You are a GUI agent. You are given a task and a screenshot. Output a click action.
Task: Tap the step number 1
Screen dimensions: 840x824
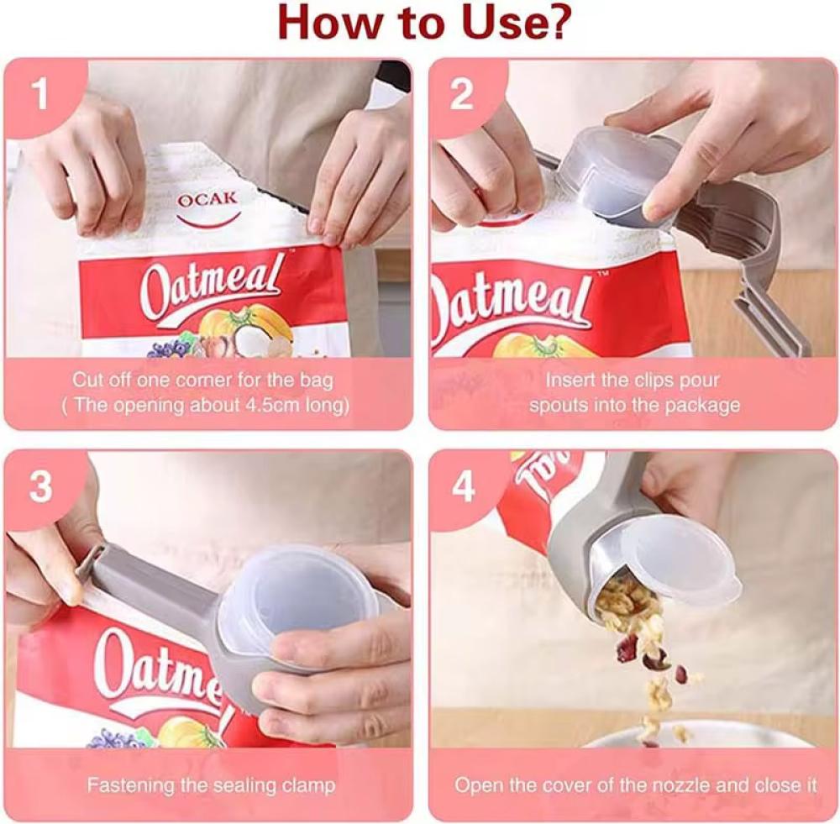click(x=40, y=94)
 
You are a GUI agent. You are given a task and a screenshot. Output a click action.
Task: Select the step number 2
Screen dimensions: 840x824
click(x=462, y=94)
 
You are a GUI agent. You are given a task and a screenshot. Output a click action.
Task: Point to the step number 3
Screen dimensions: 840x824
click(x=40, y=486)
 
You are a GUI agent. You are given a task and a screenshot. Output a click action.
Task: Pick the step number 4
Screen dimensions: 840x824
click(x=464, y=486)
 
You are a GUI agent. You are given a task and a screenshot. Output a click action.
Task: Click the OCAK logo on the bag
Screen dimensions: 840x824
click(x=207, y=207)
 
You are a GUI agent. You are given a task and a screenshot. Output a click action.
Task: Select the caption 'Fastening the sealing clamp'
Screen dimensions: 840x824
click(x=211, y=785)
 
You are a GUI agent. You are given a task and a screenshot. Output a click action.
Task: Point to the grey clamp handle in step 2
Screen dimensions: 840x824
click(x=750, y=256)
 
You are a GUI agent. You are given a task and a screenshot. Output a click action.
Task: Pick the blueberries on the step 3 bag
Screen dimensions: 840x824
click(x=110, y=738)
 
